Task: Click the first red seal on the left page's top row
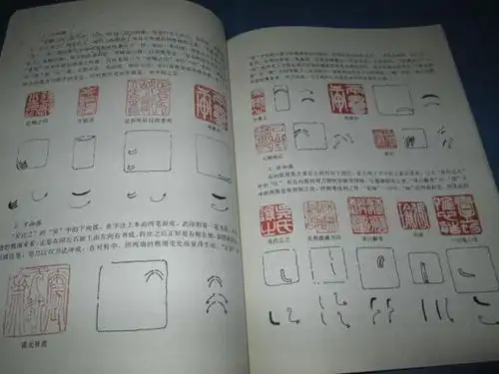tap(37, 104)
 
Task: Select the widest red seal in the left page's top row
tap(148, 101)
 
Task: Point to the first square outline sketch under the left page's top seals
tap(34, 156)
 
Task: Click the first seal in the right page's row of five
tap(273, 215)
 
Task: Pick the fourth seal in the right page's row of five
tap(412, 212)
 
